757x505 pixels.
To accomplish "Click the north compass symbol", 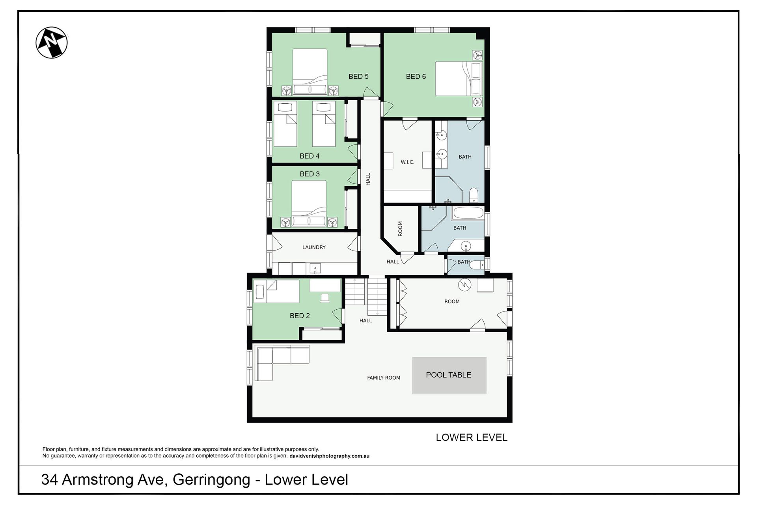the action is tap(52, 43).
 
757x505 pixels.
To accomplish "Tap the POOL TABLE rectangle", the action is tap(449, 375).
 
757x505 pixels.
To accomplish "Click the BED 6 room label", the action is tap(416, 77).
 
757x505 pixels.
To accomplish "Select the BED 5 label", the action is tap(358, 77).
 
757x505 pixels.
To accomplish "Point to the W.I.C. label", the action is tap(407, 162).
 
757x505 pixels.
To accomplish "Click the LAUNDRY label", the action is tap(314, 247).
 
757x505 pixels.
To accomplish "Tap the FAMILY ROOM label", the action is tap(384, 378).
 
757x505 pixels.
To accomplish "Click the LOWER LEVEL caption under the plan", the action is tap(472, 438).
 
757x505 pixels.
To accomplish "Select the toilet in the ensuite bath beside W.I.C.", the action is tap(474, 195).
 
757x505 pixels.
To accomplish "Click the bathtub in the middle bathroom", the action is tap(468, 213).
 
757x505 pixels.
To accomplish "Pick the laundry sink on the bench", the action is tap(315, 269).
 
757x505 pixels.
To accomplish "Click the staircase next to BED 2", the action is tap(366, 296).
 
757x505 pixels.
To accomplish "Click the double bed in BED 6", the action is tap(459, 79).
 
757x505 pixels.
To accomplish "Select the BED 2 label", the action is tap(300, 316).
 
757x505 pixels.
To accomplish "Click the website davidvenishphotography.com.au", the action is tap(329, 456).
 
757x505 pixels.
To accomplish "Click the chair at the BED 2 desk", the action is tap(325, 298).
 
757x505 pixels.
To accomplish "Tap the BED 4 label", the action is tap(310, 156).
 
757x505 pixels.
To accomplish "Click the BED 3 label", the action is tap(310, 174).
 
